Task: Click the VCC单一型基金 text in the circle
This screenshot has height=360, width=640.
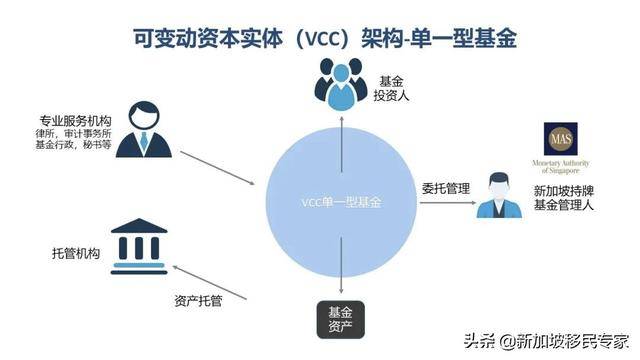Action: tap(343, 202)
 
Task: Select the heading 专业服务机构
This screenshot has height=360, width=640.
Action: tap(76, 122)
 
